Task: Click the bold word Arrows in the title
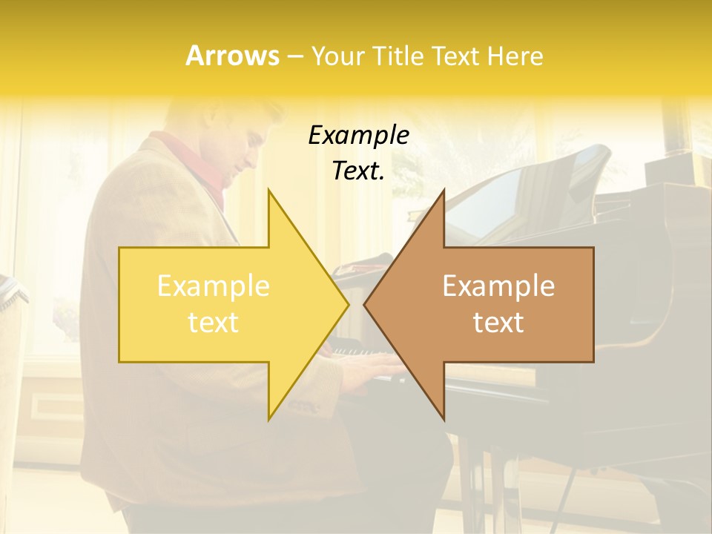point(232,56)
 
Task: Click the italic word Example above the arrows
point(358,136)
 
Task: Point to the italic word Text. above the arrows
point(358,171)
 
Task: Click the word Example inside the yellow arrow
point(214,286)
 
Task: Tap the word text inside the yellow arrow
point(214,323)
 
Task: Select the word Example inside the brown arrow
point(498,286)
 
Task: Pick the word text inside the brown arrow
point(498,323)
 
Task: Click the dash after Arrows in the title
point(294,56)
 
